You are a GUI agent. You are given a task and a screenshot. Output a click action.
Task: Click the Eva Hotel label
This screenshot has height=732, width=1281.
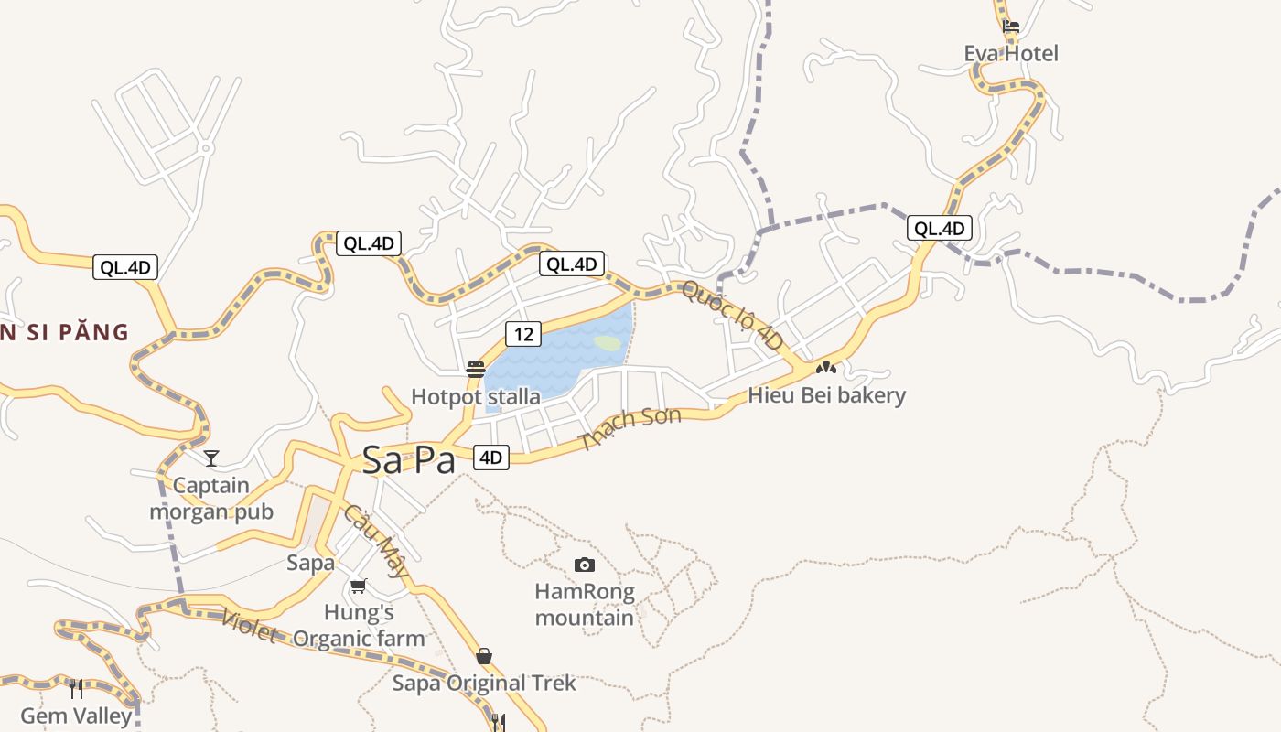tap(1011, 54)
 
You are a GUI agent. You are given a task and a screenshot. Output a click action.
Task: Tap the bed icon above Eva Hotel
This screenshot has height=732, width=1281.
tap(1011, 27)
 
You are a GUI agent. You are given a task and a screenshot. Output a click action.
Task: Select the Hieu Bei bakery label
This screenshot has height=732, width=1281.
tap(826, 395)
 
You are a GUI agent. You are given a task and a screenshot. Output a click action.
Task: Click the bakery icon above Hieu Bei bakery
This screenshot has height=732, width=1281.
tap(826, 368)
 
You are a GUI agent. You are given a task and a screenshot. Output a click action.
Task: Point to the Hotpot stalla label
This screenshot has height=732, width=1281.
tap(475, 397)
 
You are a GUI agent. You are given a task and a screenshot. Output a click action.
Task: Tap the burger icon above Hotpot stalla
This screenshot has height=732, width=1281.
tap(475, 370)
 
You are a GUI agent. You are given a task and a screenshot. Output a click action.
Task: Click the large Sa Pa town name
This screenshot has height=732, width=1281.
tap(408, 460)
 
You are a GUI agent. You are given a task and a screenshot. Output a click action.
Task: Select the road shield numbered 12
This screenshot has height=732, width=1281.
tap(523, 334)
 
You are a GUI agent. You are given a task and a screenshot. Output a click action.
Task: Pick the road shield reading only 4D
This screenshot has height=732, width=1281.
tap(491, 457)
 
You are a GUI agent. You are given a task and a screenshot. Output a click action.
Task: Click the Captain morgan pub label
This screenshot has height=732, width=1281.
tap(211, 499)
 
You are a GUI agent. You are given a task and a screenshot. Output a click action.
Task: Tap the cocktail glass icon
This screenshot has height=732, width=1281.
tap(211, 457)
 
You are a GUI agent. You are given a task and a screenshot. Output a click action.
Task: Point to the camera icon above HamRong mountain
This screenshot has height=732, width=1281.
tap(584, 565)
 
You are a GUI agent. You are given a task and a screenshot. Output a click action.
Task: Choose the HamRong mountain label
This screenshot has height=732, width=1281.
tap(584, 605)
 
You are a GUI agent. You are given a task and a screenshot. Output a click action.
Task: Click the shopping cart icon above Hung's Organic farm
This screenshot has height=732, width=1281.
tap(358, 586)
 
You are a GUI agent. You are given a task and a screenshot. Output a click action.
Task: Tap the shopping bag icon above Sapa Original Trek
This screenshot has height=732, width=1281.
tap(484, 656)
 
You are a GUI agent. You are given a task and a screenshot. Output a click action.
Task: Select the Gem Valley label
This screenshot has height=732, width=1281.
tap(76, 716)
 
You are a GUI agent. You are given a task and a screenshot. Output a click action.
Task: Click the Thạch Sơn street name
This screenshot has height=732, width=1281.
tap(631, 429)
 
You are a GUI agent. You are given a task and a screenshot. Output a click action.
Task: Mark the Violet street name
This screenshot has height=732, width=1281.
tap(249, 626)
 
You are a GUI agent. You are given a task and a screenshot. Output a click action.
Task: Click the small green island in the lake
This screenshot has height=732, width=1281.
tap(608, 343)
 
